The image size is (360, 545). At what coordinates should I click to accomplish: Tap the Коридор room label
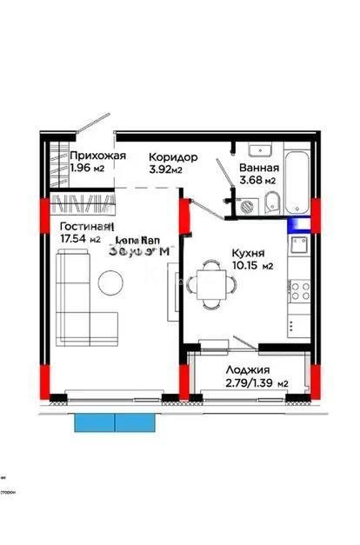(x=173, y=157)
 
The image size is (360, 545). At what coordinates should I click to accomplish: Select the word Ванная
(x=258, y=168)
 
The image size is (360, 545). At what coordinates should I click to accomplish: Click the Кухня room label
(x=247, y=253)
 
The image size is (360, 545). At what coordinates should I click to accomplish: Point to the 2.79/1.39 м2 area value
(x=257, y=382)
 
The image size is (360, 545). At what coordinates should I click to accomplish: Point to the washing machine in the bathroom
(x=247, y=206)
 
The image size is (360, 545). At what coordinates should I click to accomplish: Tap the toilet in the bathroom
(x=271, y=203)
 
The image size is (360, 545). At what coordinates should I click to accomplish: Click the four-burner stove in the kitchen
(x=301, y=289)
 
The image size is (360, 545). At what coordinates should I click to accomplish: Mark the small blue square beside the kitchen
(x=299, y=223)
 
